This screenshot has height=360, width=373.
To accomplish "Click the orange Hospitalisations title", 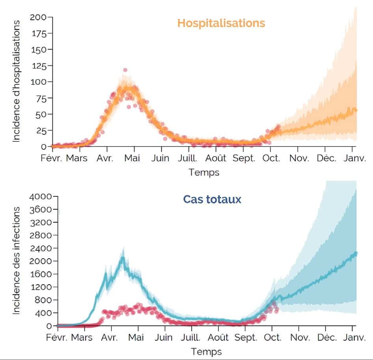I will pos(221,23).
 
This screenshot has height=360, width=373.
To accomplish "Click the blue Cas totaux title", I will pos(212,200).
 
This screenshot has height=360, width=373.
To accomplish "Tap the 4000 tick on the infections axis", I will pos(41,196).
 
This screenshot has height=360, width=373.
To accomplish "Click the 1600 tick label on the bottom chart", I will pos(41,274).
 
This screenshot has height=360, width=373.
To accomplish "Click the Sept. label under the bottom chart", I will pos(245,338).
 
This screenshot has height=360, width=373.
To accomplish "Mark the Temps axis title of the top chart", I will pos(204,172).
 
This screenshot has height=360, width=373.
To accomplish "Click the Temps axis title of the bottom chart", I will pos(206,351).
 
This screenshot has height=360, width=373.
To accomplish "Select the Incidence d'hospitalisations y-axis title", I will pos(17,81).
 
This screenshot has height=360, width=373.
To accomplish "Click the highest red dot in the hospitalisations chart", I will pos(125,70).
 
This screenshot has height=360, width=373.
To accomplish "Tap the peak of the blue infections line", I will pos(123,258).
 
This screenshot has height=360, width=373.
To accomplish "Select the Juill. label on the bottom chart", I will pos(190,338).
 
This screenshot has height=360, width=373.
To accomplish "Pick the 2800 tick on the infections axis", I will pos(41,235).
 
